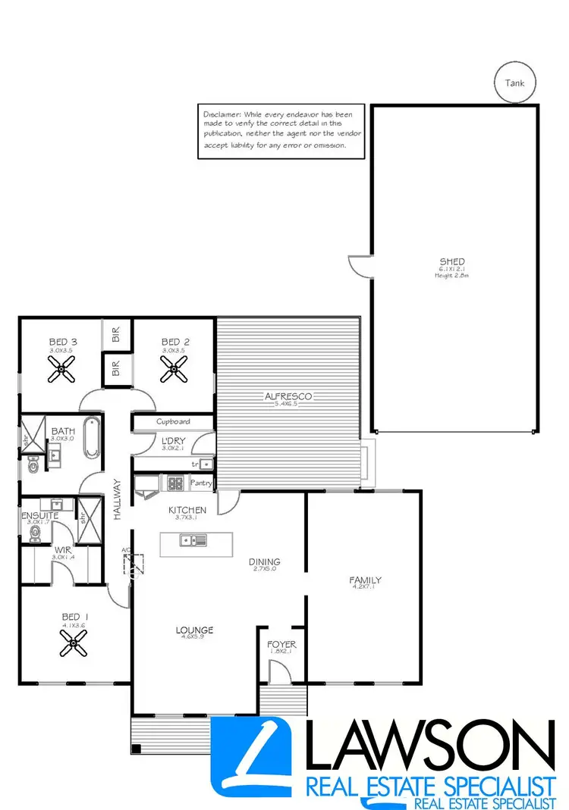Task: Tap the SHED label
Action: tap(452, 262)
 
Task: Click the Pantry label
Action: tap(202, 483)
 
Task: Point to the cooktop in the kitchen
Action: tap(174, 482)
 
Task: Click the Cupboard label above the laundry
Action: tap(173, 422)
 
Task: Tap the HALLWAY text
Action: tap(118, 499)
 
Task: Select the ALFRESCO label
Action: tap(288, 396)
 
